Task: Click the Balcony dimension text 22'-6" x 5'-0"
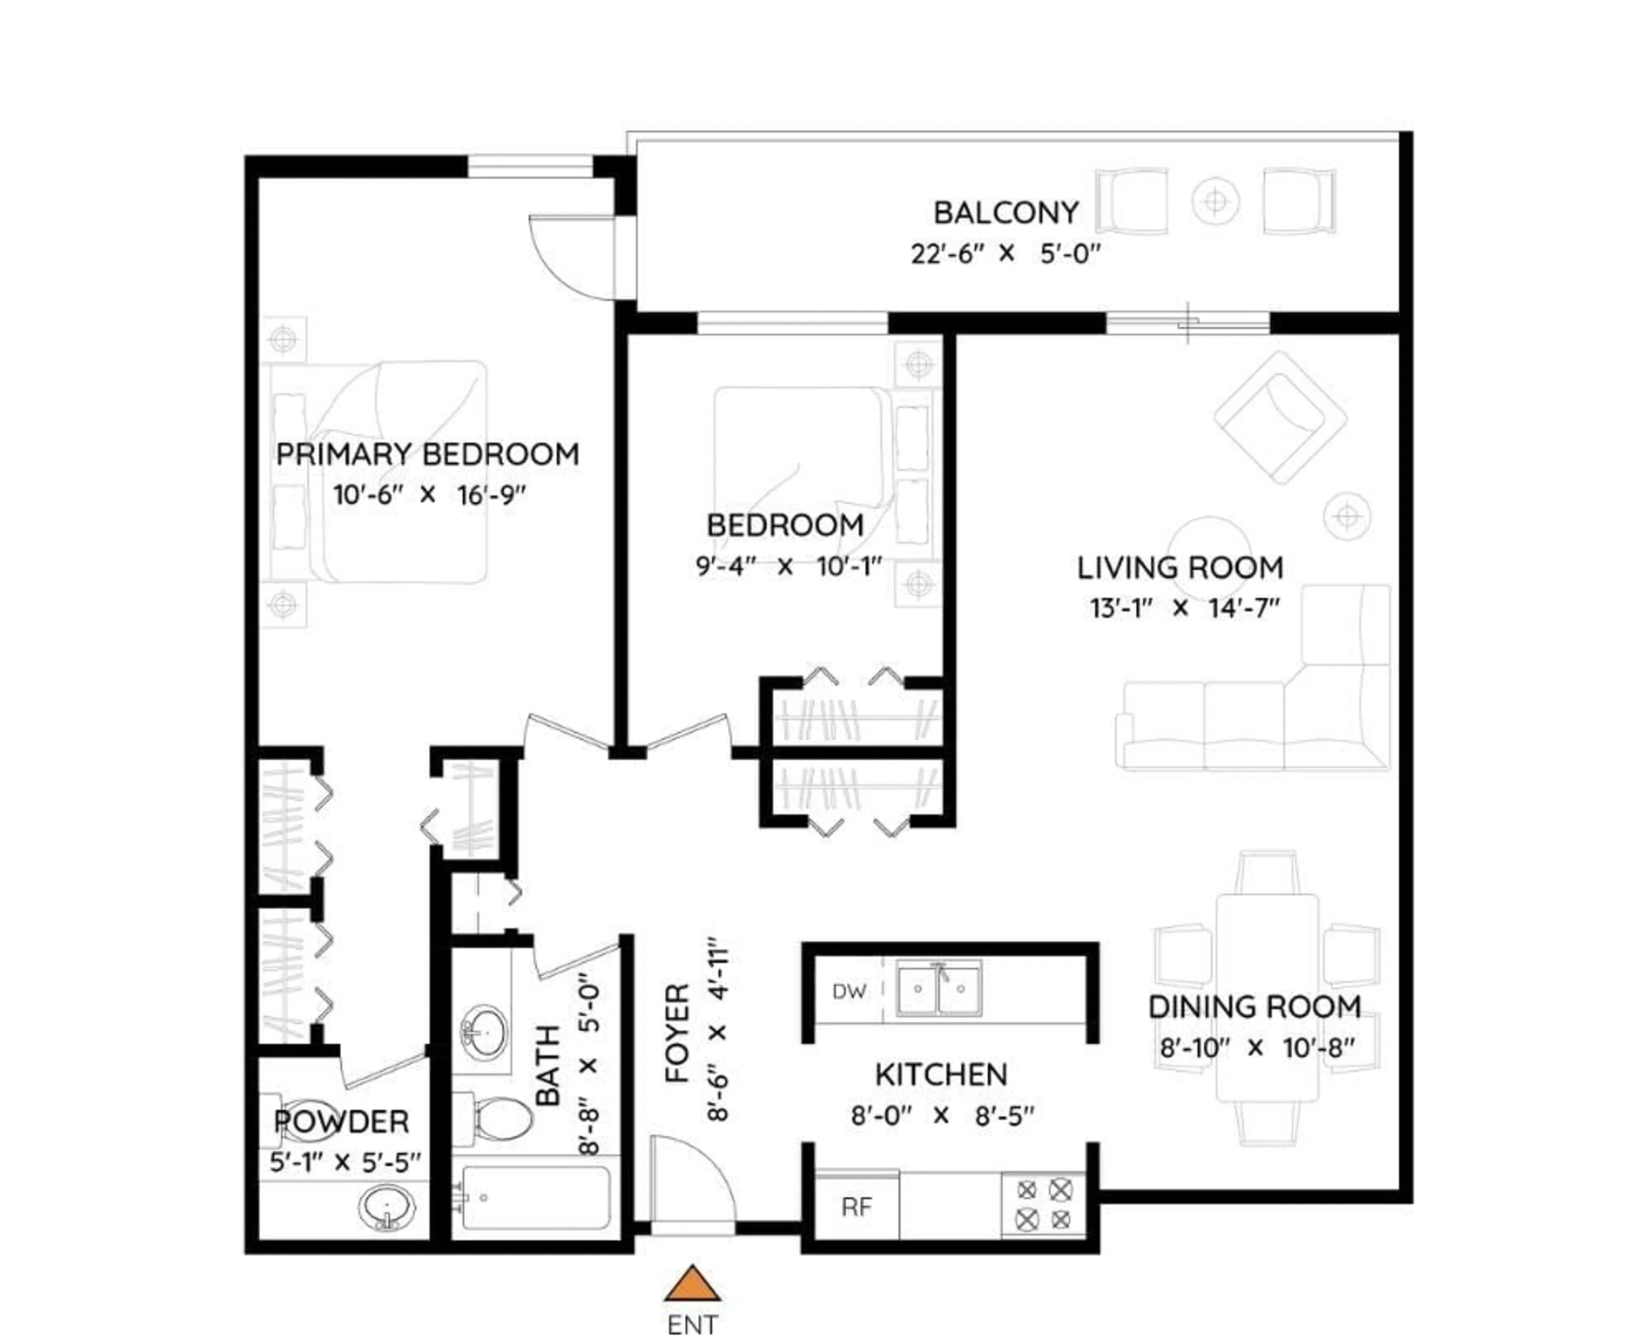[1005, 254]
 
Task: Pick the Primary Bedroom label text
[427, 454]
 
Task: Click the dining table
[1267, 999]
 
